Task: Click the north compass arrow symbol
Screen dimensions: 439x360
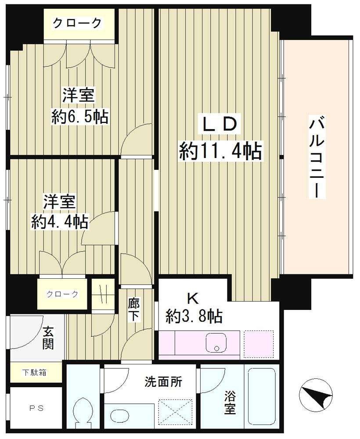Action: click(317, 393)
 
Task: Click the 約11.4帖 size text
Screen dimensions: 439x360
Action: click(220, 151)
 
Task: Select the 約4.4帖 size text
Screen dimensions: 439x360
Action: click(60, 221)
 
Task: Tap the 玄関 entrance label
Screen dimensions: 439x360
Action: click(48, 338)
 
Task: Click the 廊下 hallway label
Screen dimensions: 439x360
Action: click(134, 310)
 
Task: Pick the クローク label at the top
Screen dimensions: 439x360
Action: click(77, 23)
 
